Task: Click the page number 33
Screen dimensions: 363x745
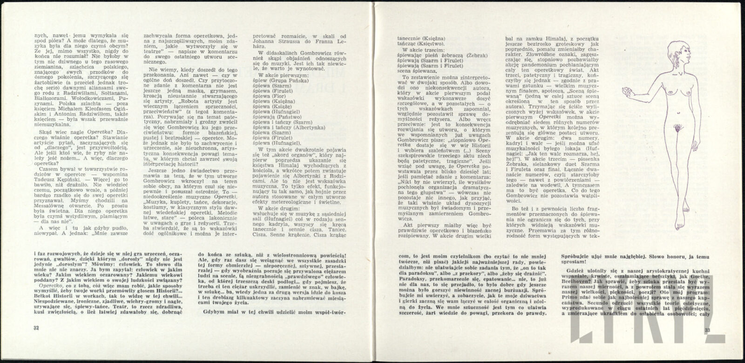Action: (708, 330)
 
